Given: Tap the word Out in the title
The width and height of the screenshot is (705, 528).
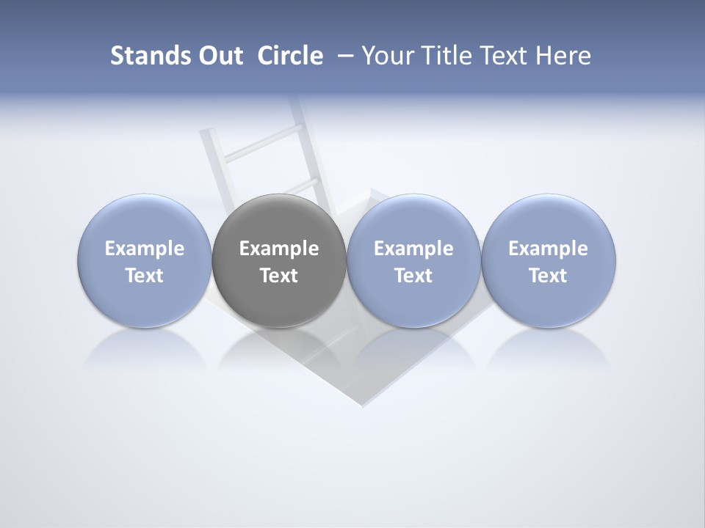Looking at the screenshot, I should (220, 56).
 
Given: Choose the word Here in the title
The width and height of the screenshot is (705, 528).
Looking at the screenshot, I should (563, 56).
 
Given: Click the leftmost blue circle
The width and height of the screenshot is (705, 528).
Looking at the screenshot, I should (144, 220).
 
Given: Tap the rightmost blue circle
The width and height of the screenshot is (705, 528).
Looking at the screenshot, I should (549, 220).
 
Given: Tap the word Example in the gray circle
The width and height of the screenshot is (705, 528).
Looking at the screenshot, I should (279, 249).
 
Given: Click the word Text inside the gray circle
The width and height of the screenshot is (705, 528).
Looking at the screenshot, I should (279, 276).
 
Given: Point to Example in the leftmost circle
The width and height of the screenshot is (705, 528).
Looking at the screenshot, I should (145, 249).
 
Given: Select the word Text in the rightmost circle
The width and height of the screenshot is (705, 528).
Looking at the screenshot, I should (549, 276).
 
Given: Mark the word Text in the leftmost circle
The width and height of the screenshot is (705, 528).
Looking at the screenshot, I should (145, 276).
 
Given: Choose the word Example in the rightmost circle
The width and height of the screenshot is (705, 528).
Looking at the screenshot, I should (549, 249).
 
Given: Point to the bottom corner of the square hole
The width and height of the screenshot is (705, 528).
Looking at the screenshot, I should (363, 404).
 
